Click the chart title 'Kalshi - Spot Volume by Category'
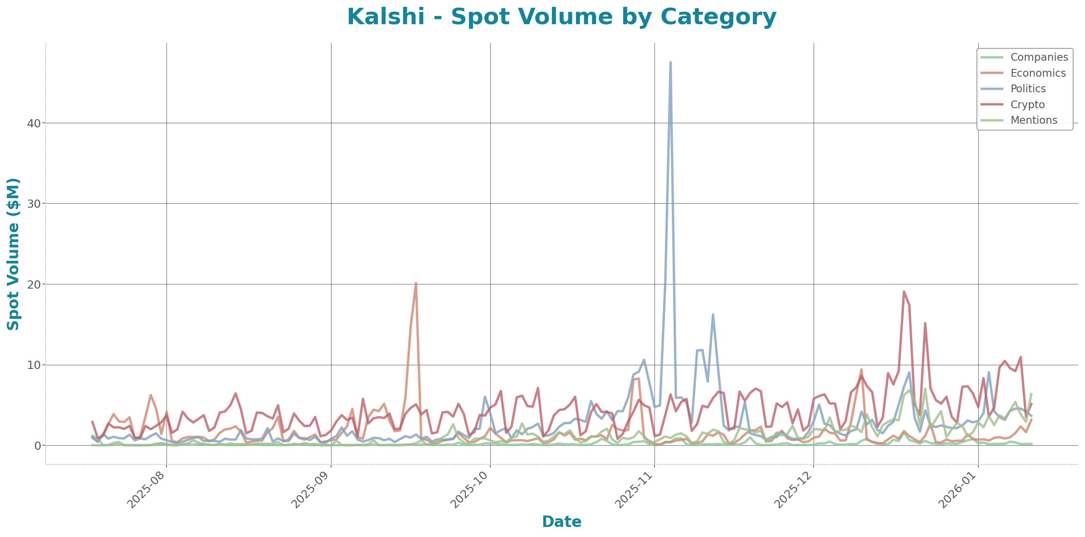point(561,17)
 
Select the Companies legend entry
point(1038,57)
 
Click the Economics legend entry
point(1038,73)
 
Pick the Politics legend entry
point(1028,89)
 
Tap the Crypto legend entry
point(1027,105)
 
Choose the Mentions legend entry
point(1033,120)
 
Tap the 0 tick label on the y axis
point(38,446)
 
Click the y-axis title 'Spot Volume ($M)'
point(14,254)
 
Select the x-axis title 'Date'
point(561,521)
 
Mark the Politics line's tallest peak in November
point(670,62)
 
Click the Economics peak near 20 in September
point(415,283)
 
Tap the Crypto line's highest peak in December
point(903,292)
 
